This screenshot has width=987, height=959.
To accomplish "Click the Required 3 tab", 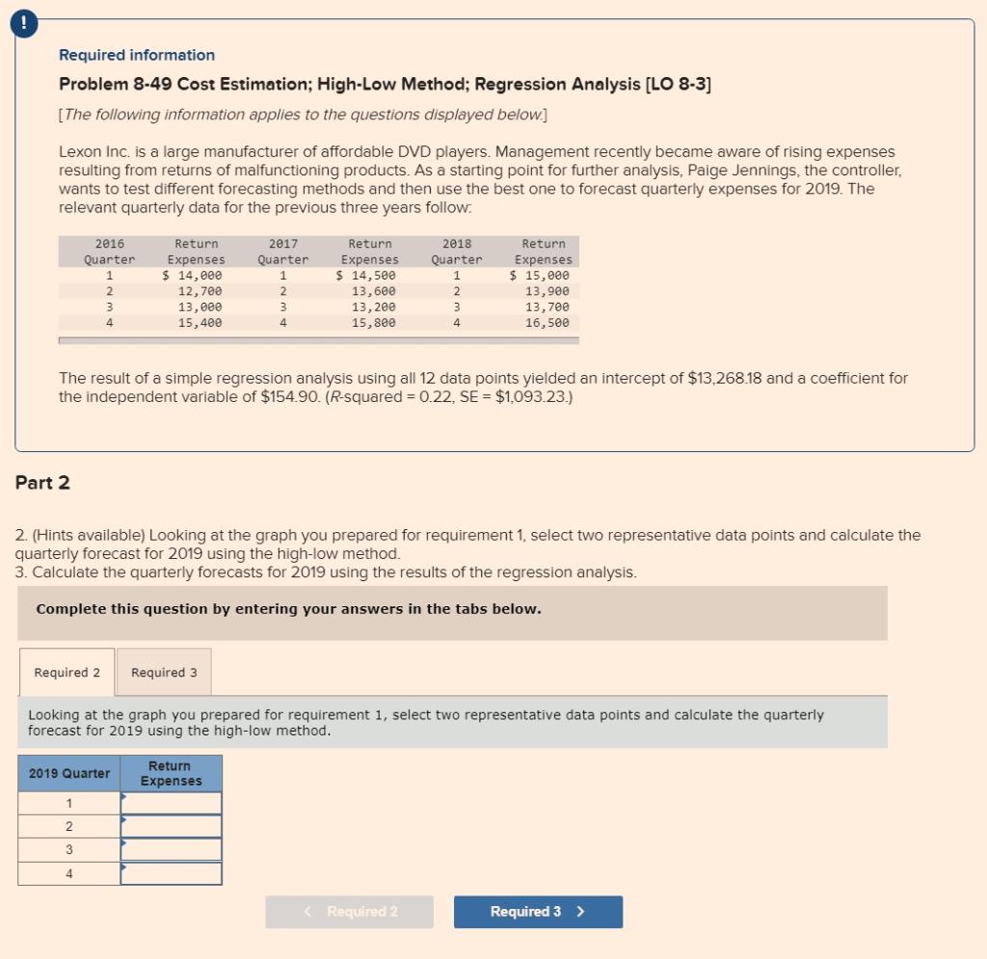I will (x=164, y=672).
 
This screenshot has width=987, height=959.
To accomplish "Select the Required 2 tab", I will (x=67, y=672).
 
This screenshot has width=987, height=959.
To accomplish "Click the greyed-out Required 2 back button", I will (x=349, y=912).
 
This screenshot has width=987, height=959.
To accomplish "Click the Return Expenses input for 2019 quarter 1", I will (x=172, y=804).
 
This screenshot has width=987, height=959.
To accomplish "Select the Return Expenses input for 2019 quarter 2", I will (x=172, y=827).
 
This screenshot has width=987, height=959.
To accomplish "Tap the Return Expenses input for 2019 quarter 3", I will (x=172, y=850).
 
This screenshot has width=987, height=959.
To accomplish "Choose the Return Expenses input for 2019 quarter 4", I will (x=172, y=873).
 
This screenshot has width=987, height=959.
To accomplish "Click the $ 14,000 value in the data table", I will (x=192, y=275).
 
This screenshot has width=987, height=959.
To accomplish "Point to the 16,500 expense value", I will (x=547, y=323).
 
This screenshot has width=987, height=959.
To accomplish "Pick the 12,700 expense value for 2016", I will (x=200, y=291).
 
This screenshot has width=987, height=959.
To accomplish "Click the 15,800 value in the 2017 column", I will (x=373, y=323).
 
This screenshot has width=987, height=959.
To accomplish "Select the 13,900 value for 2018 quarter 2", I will (x=547, y=291).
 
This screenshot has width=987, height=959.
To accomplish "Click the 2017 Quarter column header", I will (x=283, y=252).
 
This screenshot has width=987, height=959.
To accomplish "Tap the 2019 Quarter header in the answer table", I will (x=69, y=773).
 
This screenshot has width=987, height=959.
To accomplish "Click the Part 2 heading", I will (x=42, y=483).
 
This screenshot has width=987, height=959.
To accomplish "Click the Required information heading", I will (x=137, y=55).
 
